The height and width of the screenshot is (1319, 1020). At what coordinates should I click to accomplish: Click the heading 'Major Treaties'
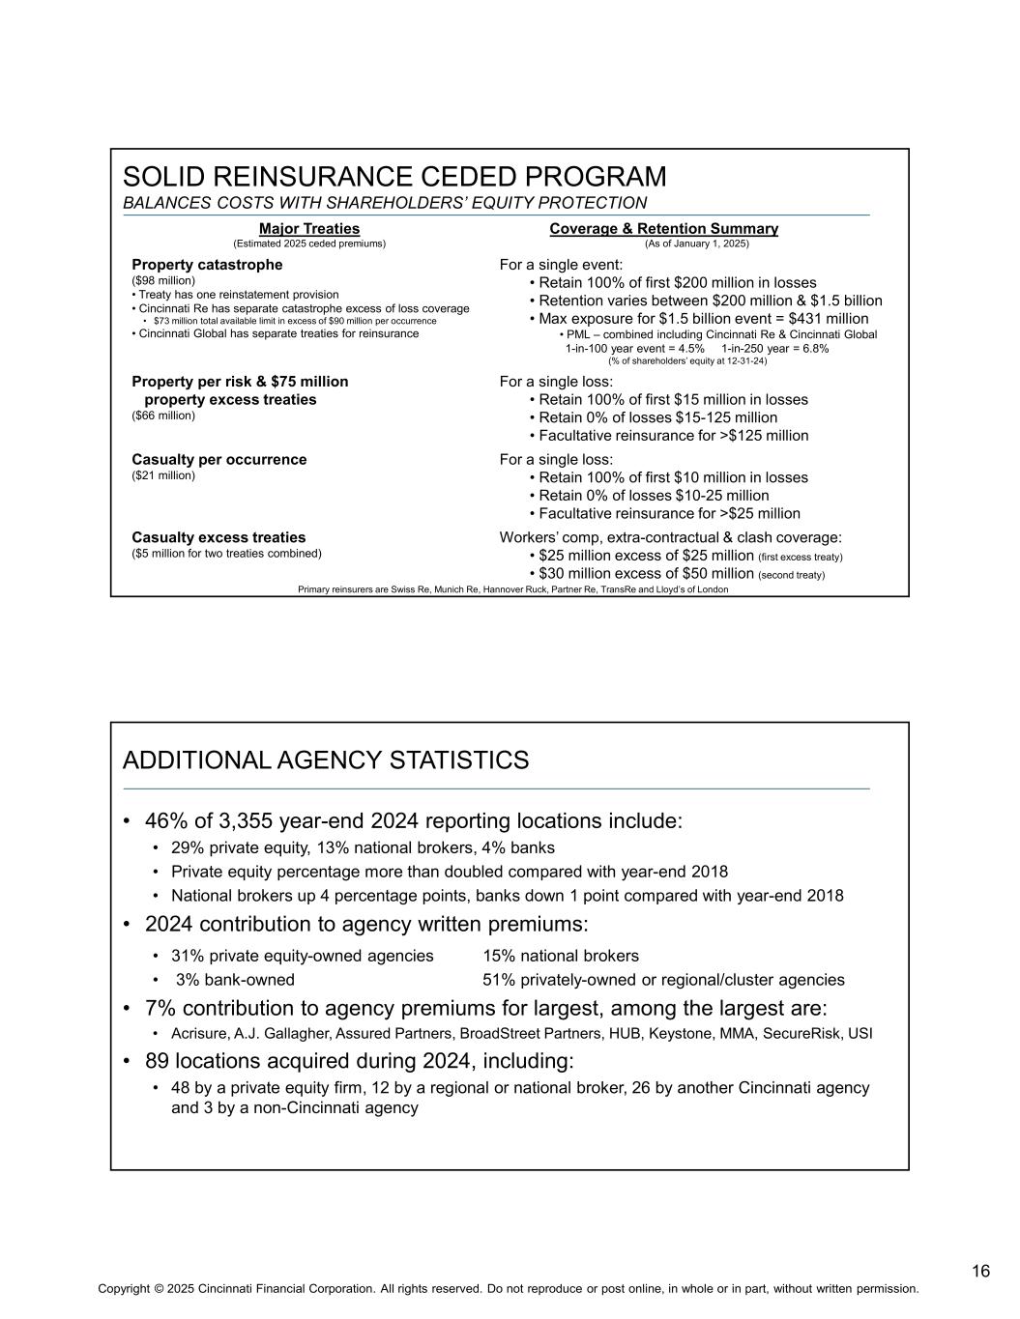(x=309, y=229)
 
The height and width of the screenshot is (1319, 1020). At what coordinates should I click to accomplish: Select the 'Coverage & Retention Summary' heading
(x=663, y=229)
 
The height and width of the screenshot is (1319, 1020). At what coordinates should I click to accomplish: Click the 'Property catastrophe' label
(x=207, y=265)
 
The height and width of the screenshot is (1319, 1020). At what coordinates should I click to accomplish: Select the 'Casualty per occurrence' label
(x=219, y=460)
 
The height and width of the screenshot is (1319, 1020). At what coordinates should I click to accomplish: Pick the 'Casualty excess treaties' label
(x=219, y=537)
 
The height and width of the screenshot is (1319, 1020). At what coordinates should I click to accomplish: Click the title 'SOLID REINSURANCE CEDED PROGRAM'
(x=394, y=178)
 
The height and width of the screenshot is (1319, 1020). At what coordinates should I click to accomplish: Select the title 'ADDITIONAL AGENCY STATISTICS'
(x=326, y=760)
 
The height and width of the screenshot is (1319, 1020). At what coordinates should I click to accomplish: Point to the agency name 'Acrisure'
(x=199, y=1034)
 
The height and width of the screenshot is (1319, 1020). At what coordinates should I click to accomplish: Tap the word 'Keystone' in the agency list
(x=709, y=1034)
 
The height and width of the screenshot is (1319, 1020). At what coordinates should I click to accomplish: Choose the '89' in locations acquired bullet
(x=159, y=1061)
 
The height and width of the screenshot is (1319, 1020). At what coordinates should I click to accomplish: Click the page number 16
(x=980, y=1272)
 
